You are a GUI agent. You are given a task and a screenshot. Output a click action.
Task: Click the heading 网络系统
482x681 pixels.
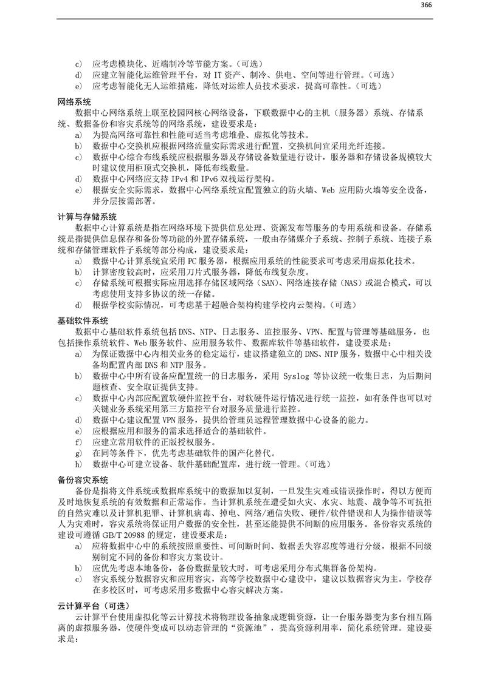(74, 101)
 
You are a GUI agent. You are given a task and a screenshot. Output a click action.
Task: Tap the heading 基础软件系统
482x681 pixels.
(83, 320)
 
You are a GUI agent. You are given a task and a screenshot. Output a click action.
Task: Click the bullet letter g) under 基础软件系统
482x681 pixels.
(78, 453)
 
